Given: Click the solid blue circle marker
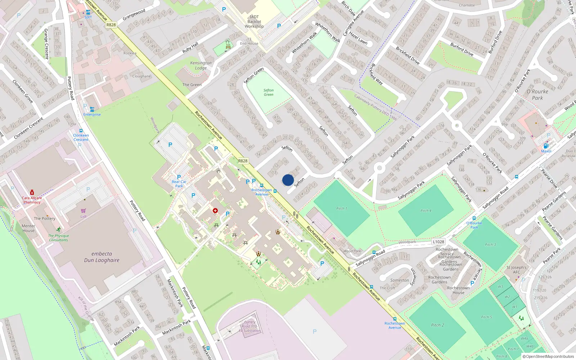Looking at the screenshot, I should pyautogui.click(x=288, y=180).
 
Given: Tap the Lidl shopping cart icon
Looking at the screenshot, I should pyautogui.click(x=84, y=211).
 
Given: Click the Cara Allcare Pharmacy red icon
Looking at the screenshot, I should pyautogui.click(x=32, y=192).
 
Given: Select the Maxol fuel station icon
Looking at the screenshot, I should pyautogui.click(x=546, y=146).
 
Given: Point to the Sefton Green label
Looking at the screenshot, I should pyautogui.click(x=269, y=93).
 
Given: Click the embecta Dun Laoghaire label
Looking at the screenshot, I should pyautogui.click(x=102, y=257).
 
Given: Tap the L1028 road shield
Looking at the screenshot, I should pyautogui.click(x=438, y=242).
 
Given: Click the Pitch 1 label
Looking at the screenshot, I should pyautogui.click(x=342, y=208).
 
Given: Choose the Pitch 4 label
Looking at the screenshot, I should pyautogui.click(x=426, y=211).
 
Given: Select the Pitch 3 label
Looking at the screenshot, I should pyautogui.click(x=490, y=245).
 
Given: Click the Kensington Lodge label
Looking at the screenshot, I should pyautogui.click(x=201, y=65).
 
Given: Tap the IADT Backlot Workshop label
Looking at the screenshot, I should pyautogui.click(x=254, y=22).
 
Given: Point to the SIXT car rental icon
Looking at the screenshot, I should pyautogui.click(x=88, y=12).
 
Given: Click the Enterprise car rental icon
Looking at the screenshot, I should pyautogui.click(x=92, y=109).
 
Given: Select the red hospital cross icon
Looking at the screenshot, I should pyautogui.click(x=215, y=211).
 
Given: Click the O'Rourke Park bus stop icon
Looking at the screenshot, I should pyautogui.click(x=474, y=218).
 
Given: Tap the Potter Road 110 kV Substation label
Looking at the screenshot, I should pyautogui.click(x=250, y=326).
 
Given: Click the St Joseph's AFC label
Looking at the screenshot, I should pyautogui.click(x=517, y=270).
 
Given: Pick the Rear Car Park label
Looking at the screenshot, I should pyautogui.click(x=179, y=184).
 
